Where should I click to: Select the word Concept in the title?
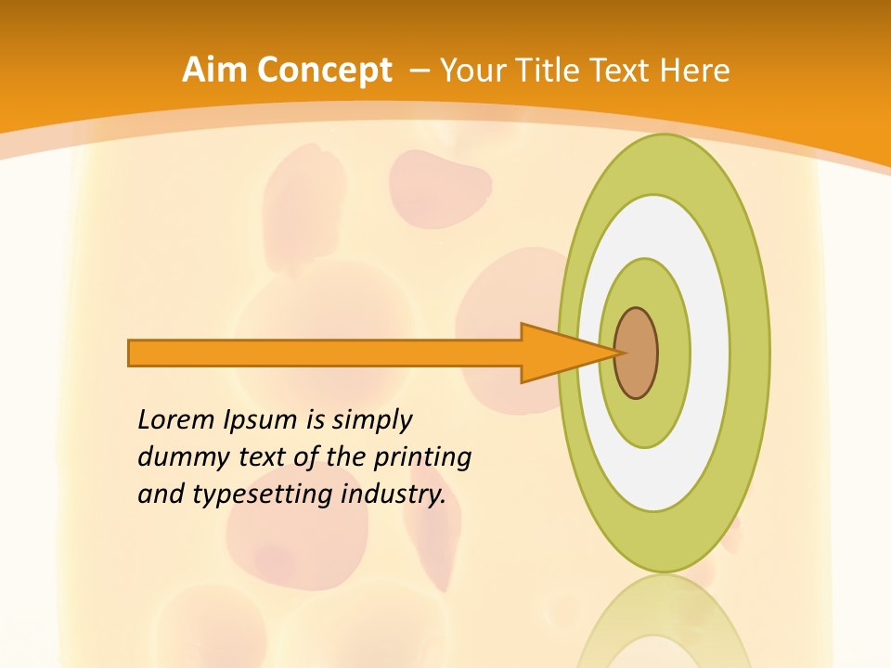324,71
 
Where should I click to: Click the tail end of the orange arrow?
135,353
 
